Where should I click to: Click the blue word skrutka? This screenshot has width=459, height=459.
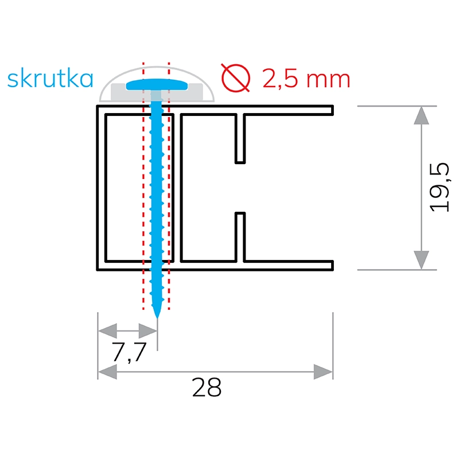pos(50,79)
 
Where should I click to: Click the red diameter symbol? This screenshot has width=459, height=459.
pos(236,79)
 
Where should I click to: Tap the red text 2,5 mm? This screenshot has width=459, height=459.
pos(306,79)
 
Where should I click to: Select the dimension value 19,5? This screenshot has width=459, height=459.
pos(441,188)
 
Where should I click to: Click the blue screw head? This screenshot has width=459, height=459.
pos(158,85)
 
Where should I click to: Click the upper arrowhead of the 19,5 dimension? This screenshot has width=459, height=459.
pos(421,115)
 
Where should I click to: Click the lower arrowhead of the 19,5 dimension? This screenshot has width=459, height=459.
pos(421,260)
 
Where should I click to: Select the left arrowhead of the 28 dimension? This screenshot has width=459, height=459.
pos(107,372)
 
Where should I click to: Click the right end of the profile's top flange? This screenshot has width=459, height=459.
pos(332,109)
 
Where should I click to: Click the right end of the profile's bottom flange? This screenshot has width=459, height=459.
pos(332,265)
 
